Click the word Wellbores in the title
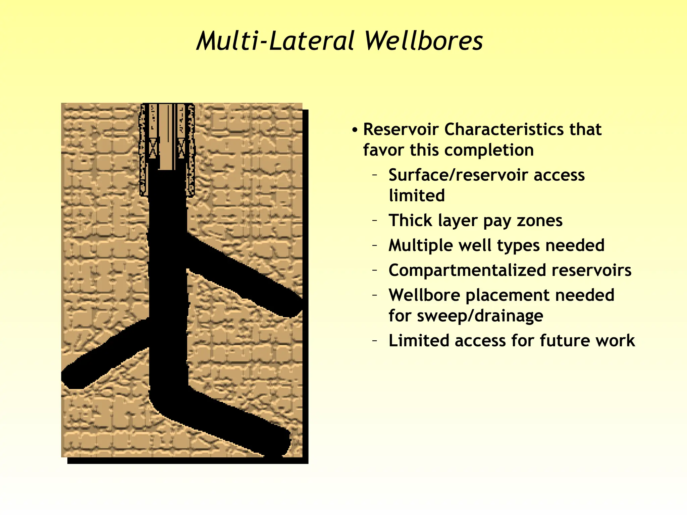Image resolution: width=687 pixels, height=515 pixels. click(423, 41)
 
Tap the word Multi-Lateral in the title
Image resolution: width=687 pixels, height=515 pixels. click(275, 41)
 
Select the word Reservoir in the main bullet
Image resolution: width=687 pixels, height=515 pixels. click(401, 129)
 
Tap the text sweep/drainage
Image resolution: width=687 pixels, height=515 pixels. click(480, 316)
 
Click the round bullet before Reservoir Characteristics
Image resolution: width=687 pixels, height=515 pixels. click(355, 130)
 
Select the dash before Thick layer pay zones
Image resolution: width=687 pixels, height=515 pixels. click(375, 221)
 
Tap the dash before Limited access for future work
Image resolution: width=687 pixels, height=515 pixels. click(375, 341)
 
